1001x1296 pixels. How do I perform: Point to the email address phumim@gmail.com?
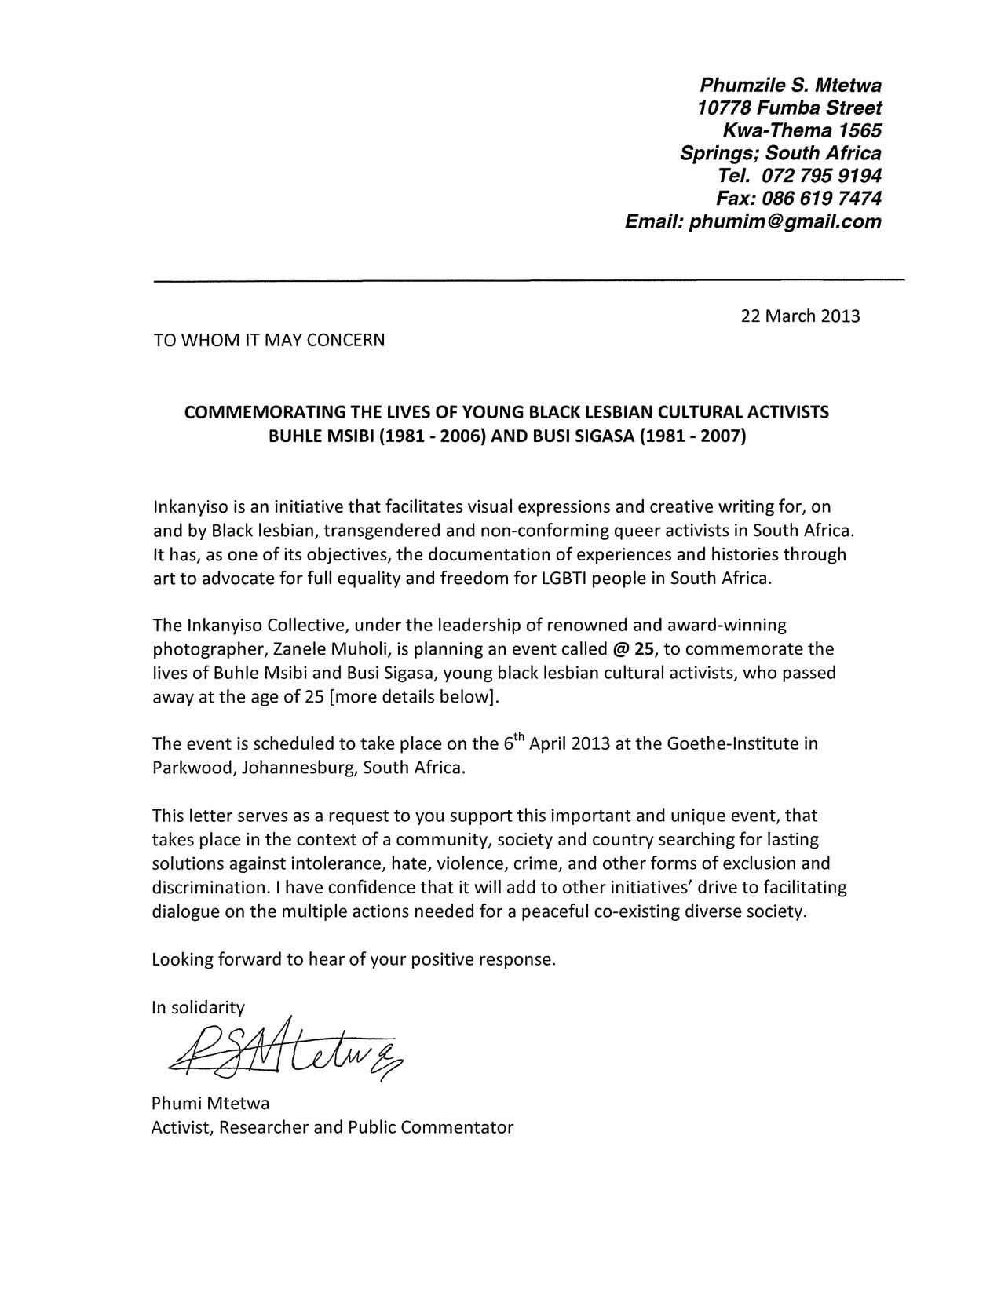[x=785, y=221]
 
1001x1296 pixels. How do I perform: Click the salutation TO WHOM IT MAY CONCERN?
[x=269, y=341]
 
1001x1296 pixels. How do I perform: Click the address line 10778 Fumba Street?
[x=789, y=108]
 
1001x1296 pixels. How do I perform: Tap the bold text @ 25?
[x=632, y=649]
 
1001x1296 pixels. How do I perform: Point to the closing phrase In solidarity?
[x=198, y=1007]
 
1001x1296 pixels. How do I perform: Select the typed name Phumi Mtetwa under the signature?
[x=210, y=1104]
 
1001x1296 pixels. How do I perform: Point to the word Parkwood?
[x=191, y=767]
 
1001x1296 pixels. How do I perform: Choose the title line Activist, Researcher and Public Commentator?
[x=332, y=1127]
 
